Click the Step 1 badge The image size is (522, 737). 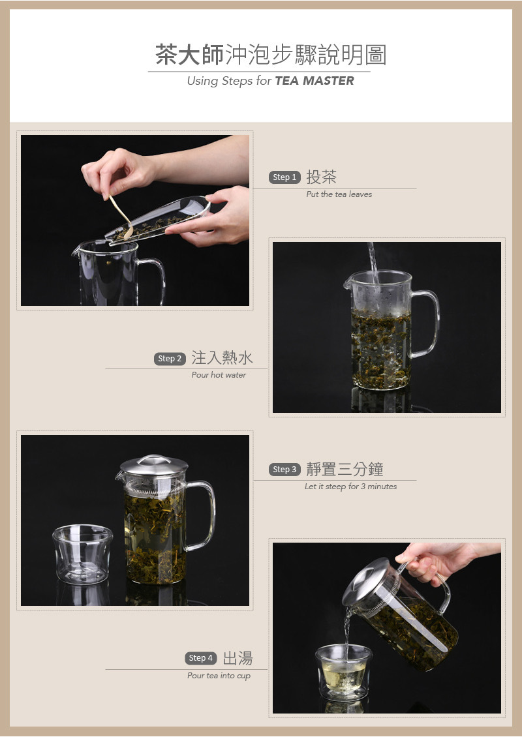[284, 177]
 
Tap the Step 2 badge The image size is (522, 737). [169, 359]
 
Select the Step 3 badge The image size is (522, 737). [284, 469]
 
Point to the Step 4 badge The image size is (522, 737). [201, 658]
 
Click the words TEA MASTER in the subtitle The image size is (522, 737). [314, 81]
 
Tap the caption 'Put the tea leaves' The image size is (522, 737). [339, 194]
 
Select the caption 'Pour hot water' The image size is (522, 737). [219, 375]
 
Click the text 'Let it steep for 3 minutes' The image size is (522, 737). [351, 487]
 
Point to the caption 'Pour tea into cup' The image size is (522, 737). [219, 676]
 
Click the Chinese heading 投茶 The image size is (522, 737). [322, 177]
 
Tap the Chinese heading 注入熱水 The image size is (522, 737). [222, 357]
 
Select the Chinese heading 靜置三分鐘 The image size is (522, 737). [345, 469]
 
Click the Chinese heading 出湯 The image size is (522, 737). [238, 658]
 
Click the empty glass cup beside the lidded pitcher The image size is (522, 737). [83, 554]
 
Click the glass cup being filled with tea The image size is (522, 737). [344, 672]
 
